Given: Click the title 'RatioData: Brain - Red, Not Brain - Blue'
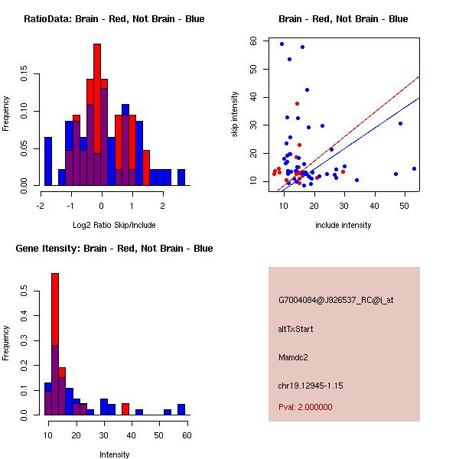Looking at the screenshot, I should point(114,19).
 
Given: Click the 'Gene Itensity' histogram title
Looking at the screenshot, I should point(114,249).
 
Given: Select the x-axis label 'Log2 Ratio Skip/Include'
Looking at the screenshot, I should point(114,224).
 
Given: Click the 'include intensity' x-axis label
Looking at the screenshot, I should point(343,224).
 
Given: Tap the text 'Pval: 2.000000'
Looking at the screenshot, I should point(305,407).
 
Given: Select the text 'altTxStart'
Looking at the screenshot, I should point(296,329).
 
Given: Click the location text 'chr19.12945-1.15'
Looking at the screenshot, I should point(311,386).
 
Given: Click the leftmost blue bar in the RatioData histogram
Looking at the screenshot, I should point(48,161).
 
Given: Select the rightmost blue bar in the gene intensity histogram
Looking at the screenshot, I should point(181,409).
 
